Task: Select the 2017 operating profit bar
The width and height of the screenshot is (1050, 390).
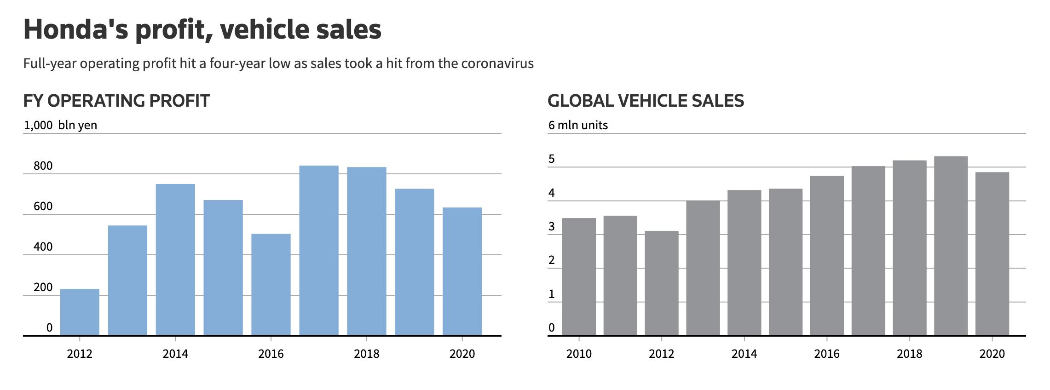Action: pyautogui.click(x=318, y=250)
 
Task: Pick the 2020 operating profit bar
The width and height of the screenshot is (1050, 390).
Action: pyautogui.click(x=462, y=271)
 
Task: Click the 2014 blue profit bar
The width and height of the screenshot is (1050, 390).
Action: pyautogui.click(x=175, y=259)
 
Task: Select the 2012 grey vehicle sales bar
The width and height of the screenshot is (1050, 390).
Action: pyautogui.click(x=661, y=283)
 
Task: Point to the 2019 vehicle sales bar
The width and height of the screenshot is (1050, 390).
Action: pyautogui.click(x=951, y=246)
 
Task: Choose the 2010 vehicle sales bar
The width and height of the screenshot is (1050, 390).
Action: pyautogui.click(x=579, y=276)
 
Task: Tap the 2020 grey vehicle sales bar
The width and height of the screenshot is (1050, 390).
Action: pyautogui.click(x=992, y=253)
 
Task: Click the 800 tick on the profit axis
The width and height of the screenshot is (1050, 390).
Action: pyautogui.click(x=43, y=166)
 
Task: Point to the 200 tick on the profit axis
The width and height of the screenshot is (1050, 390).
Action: pyautogui.click(x=43, y=287)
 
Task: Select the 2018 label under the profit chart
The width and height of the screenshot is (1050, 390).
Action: pyautogui.click(x=366, y=354)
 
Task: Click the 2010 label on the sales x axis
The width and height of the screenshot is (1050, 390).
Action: pyautogui.click(x=579, y=354)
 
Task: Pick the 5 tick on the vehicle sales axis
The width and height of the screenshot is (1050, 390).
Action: pyautogui.click(x=552, y=160)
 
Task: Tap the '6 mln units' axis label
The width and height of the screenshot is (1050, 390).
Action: pyautogui.click(x=578, y=125)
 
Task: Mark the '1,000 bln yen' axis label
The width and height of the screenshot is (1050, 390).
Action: pyautogui.click(x=60, y=125)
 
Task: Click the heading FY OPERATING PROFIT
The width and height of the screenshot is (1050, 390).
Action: pyautogui.click(x=116, y=101)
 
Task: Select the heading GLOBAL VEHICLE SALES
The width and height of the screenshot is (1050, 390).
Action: pyautogui.click(x=646, y=101)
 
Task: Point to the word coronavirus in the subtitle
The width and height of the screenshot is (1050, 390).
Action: pyautogui.click(x=497, y=63)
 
